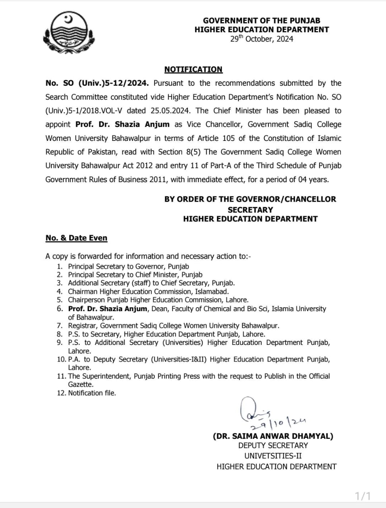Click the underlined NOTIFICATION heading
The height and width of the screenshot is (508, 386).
(x=193, y=69)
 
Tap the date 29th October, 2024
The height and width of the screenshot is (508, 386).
(x=262, y=39)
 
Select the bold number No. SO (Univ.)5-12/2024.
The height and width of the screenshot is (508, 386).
(x=97, y=83)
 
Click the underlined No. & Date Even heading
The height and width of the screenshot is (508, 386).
(x=76, y=238)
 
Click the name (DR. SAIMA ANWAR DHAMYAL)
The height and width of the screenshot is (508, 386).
(x=273, y=436)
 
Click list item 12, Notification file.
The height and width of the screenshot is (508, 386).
(x=92, y=393)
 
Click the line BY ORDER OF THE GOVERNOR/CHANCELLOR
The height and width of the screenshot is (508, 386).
(x=250, y=199)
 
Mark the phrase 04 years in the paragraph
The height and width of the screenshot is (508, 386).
(x=313, y=179)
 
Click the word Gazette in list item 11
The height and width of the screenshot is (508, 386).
(x=81, y=385)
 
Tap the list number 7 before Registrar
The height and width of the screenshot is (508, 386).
(x=60, y=326)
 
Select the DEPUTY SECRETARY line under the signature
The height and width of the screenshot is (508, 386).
(x=273, y=446)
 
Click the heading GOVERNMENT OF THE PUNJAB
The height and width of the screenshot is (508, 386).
(x=262, y=21)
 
